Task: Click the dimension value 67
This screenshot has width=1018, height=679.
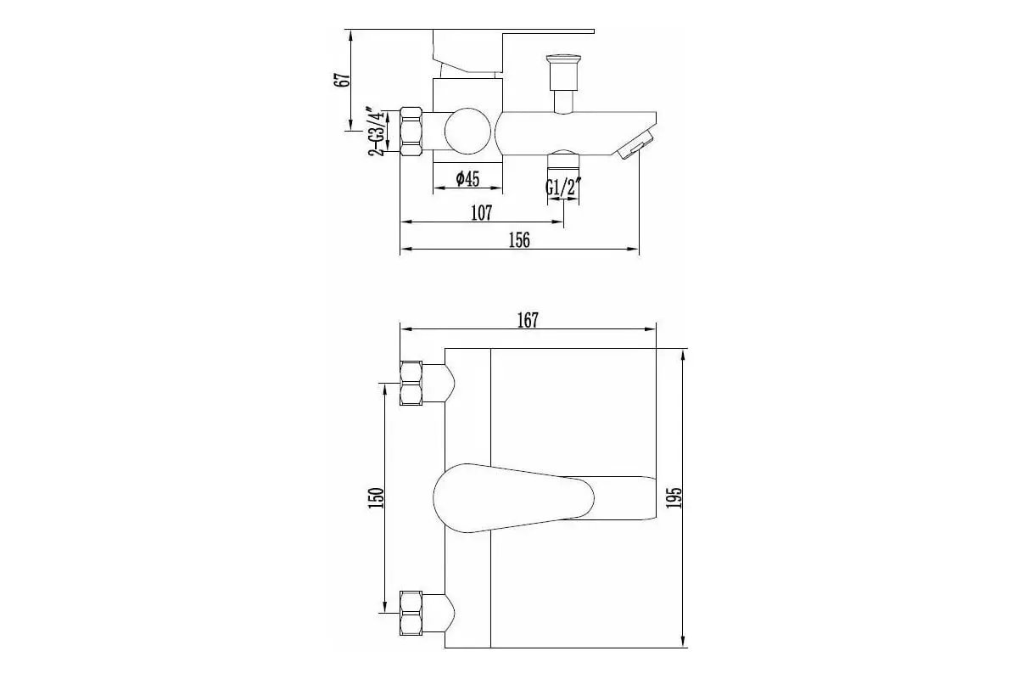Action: coord(343,80)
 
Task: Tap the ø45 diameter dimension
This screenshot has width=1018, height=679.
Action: coord(467,178)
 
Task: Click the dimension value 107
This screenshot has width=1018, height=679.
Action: coord(481,213)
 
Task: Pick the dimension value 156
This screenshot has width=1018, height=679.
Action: coord(518,240)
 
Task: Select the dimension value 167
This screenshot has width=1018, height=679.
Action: coord(527,320)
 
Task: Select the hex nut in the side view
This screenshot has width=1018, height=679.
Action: coord(411,132)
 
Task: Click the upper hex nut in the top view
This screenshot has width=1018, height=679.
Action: coord(411,383)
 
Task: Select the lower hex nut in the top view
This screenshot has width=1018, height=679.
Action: coord(411,612)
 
